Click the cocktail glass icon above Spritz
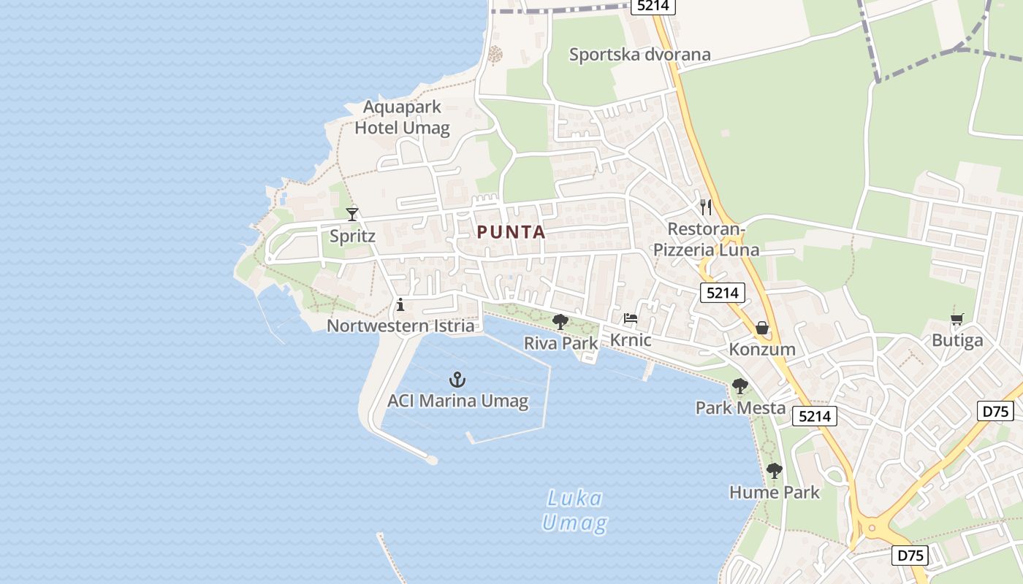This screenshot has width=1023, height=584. pyautogui.click(x=352, y=214)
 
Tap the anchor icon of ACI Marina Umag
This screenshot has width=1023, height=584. pyautogui.click(x=457, y=380)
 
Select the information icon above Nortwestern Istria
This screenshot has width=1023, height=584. pyautogui.click(x=400, y=304)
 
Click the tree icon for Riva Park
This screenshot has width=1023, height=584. pyautogui.click(x=560, y=321)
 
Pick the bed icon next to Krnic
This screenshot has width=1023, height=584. pyautogui.click(x=630, y=318)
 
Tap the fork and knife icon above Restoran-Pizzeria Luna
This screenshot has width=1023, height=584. pyautogui.click(x=705, y=207)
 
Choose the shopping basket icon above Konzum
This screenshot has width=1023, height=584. pyautogui.click(x=762, y=328)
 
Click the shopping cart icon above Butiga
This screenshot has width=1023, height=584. pyautogui.click(x=957, y=319)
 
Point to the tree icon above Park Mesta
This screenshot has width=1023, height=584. pyautogui.click(x=740, y=386)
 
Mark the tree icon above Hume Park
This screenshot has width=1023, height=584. pyautogui.click(x=775, y=471)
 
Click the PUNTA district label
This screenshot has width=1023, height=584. pyautogui.click(x=512, y=232)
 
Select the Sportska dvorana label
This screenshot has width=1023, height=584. pyautogui.click(x=639, y=55)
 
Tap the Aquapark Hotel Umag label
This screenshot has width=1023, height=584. pyautogui.click(x=402, y=118)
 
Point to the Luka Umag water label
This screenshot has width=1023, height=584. pyautogui.click(x=575, y=511)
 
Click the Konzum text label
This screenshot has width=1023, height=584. pyautogui.click(x=762, y=349)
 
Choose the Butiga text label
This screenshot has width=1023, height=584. pyautogui.click(x=957, y=340)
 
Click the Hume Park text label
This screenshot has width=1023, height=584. pyautogui.click(x=775, y=492)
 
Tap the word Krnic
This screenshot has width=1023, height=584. pyautogui.click(x=631, y=340)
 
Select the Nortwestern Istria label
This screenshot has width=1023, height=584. pyautogui.click(x=400, y=326)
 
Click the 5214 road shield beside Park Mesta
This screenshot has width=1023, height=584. pyautogui.click(x=814, y=416)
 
